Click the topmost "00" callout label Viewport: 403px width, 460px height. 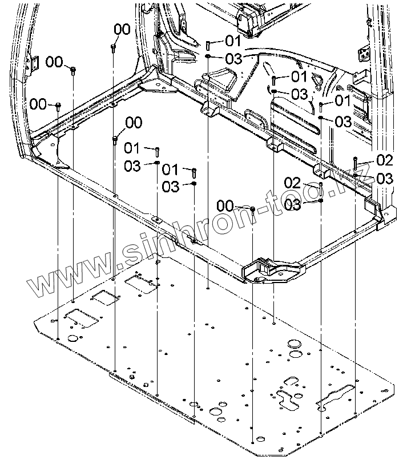tap(122, 29)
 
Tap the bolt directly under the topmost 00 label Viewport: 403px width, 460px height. tap(114, 46)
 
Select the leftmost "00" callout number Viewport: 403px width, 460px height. tap(38, 103)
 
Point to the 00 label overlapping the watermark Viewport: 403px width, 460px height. tap(225, 205)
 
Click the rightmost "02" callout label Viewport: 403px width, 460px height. tap(384, 160)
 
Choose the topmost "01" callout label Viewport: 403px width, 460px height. tap(232, 40)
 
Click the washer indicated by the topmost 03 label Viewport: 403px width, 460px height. tap(209, 57)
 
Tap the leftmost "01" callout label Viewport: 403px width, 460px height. tap(132, 148)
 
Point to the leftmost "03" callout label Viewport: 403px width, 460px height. tap(132, 166)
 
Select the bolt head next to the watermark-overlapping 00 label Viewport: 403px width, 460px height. tap(252, 209)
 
